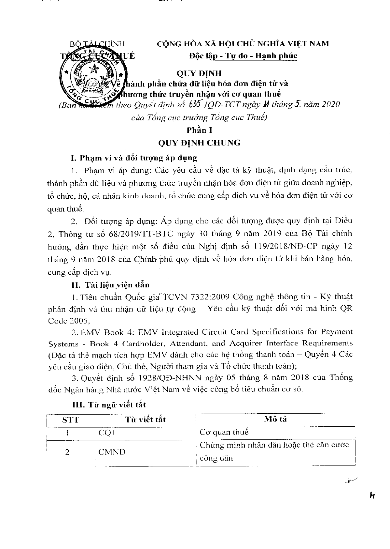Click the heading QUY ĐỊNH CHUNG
(199, 143)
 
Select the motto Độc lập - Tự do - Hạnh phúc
(243, 56)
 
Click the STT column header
(70, 419)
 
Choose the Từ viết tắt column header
(145, 419)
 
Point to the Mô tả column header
(275, 419)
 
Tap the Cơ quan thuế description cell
(224, 433)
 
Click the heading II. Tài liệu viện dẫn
(110, 285)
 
